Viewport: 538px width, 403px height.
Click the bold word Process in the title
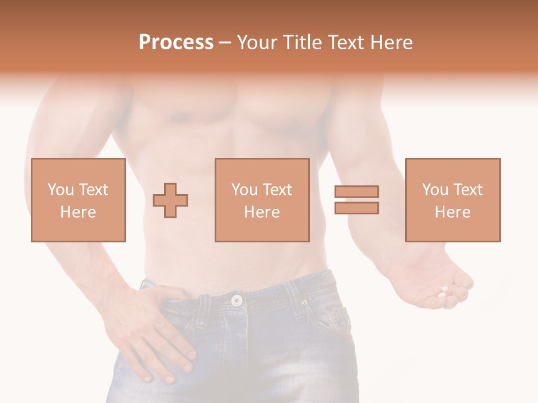point(176,43)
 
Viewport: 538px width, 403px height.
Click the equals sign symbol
point(356,200)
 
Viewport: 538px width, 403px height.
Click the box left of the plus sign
point(78,200)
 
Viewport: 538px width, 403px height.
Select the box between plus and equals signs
point(262,200)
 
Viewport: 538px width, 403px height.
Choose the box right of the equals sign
point(452,200)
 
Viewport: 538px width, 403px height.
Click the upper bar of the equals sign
point(356,192)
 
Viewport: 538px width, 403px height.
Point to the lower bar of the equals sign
point(356,208)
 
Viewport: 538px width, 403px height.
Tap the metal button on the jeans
point(237,300)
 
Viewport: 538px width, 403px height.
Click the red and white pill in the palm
point(444,292)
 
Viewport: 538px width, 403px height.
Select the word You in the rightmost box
point(435,190)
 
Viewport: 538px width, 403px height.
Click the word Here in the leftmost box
point(78,212)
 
